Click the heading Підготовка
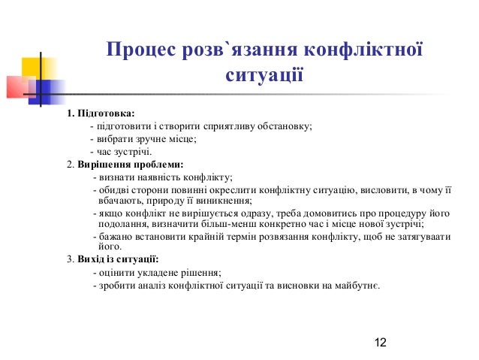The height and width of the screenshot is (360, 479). pyautogui.click(x=106, y=113)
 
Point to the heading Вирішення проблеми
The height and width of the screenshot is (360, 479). pyautogui.click(x=131, y=164)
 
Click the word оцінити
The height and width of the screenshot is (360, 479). pyautogui.click(x=117, y=273)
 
